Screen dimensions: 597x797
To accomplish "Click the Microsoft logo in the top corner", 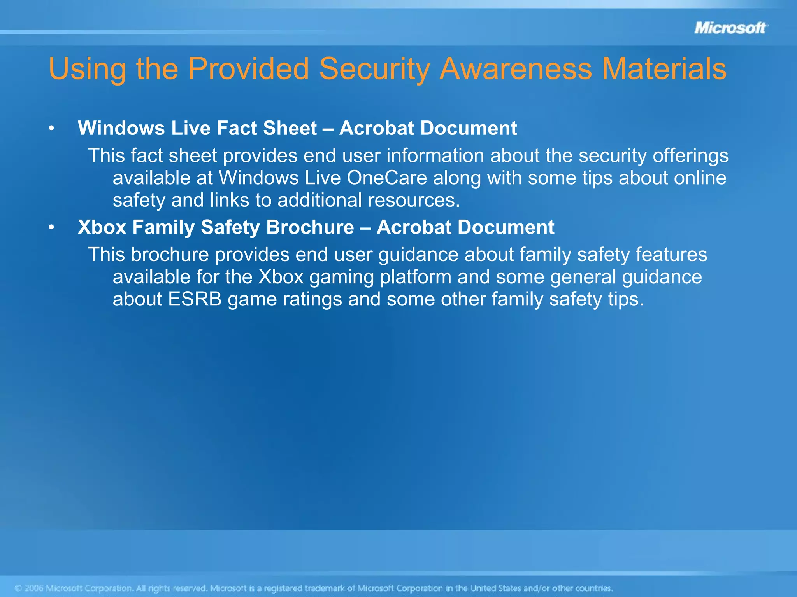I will pos(730,28).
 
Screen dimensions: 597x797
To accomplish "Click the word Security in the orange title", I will pos(374,69).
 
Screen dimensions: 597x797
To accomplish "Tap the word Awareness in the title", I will pos(516,69).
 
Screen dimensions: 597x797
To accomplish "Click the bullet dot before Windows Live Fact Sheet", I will pos(51,129).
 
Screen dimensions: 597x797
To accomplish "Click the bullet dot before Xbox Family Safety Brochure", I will pos(51,228).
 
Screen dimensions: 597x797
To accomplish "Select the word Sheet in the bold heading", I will pos(290,128).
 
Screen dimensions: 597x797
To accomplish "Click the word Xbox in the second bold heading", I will pos(102,227).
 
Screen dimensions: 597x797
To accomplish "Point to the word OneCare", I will pos(387,178).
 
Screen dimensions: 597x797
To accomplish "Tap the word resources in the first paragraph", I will pos(414,201).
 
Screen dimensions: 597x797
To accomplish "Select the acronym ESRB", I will pos(195,299).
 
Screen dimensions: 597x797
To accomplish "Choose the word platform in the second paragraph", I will pos(415,277).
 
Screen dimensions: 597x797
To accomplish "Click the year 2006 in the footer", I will pos(34,588).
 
